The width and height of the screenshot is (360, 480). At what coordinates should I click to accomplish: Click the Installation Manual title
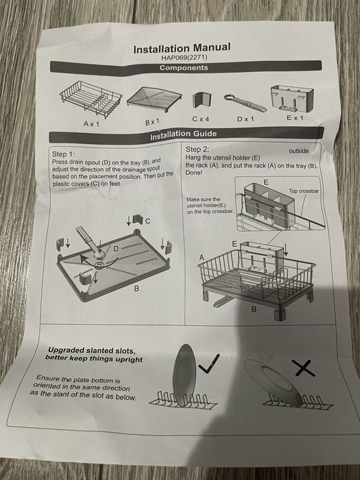point(182,48)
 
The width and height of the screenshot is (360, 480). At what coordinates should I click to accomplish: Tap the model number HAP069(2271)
point(184,57)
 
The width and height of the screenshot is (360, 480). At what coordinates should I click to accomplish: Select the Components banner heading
point(184,68)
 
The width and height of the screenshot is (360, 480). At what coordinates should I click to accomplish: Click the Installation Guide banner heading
point(183,134)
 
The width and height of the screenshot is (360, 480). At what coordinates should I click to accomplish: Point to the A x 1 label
point(91,124)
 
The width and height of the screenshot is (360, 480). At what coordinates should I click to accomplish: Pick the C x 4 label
point(201,119)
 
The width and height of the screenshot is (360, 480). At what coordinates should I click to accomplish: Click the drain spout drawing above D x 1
point(245,103)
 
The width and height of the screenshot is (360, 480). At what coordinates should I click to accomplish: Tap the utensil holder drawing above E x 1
point(292,97)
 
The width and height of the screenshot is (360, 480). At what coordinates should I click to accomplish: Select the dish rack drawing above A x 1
point(91,99)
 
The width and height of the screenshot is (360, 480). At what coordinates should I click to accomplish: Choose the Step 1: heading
point(63,154)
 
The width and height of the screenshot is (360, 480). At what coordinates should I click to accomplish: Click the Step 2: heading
point(197,149)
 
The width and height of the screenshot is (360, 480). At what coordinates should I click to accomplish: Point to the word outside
point(299,151)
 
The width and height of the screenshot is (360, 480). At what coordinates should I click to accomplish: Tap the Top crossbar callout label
point(304,191)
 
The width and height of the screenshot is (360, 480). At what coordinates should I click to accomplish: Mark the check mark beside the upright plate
point(209,363)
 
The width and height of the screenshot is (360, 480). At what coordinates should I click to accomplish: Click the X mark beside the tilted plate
point(303,368)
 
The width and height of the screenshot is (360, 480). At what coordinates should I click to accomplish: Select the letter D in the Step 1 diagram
point(116,249)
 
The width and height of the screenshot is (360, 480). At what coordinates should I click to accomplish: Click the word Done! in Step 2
point(194,173)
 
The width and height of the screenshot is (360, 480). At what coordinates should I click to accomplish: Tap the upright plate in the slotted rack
point(184,374)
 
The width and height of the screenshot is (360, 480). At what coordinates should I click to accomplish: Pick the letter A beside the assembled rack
point(202,257)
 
